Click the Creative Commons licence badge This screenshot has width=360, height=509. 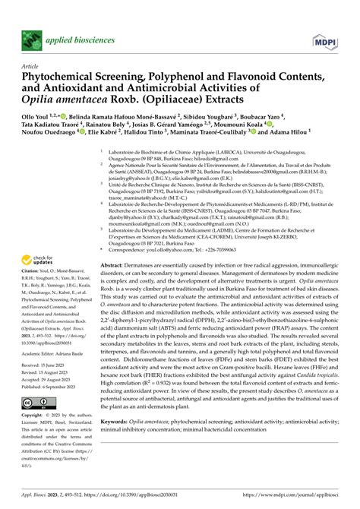click(x=36, y=403)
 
